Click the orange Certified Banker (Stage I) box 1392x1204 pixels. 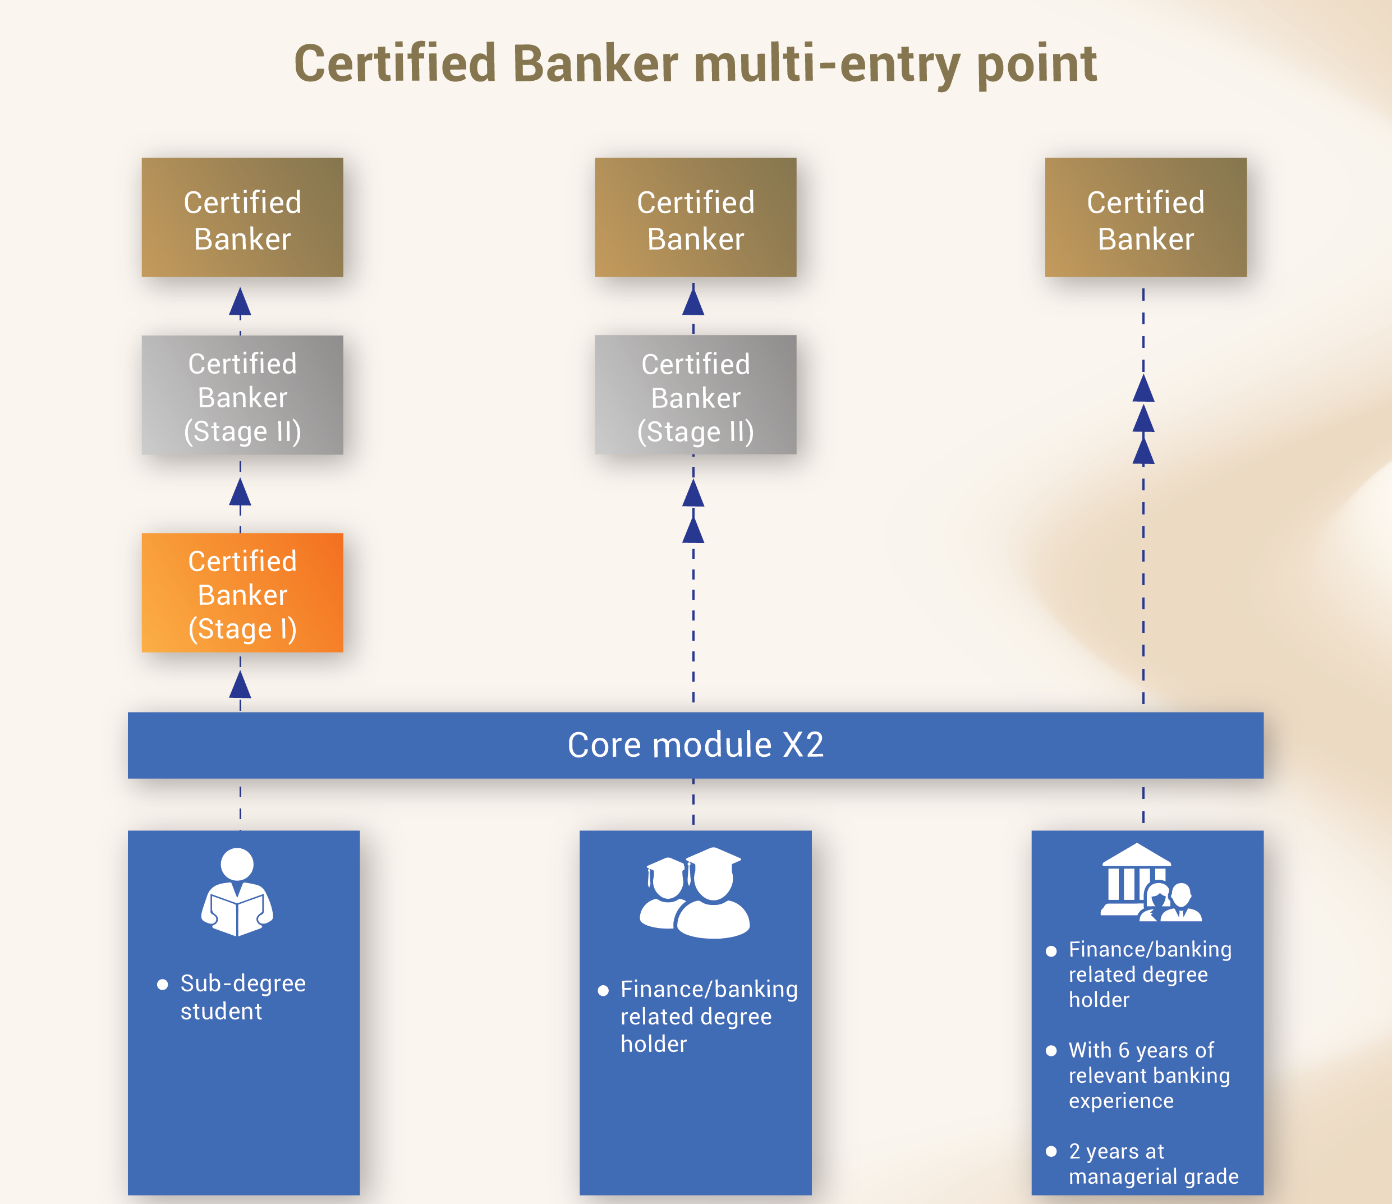[x=242, y=592]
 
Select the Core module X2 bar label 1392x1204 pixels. [x=695, y=745]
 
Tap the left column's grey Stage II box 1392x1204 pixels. [x=242, y=395]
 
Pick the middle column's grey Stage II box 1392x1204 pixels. [x=695, y=395]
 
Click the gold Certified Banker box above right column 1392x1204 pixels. [x=1146, y=218]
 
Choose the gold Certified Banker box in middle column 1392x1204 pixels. [x=695, y=218]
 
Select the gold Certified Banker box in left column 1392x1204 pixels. [x=242, y=218]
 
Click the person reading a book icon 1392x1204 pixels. [x=237, y=892]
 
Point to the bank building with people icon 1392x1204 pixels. [x=1150, y=883]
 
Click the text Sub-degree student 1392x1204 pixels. [x=242, y=997]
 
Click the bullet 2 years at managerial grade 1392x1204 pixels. [x=1152, y=1163]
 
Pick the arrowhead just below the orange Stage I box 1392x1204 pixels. [x=240, y=685]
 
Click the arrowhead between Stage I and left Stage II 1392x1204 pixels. [x=240, y=493]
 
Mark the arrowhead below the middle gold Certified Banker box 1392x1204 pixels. [x=693, y=300]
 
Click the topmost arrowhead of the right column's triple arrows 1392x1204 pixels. [x=1143, y=389]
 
